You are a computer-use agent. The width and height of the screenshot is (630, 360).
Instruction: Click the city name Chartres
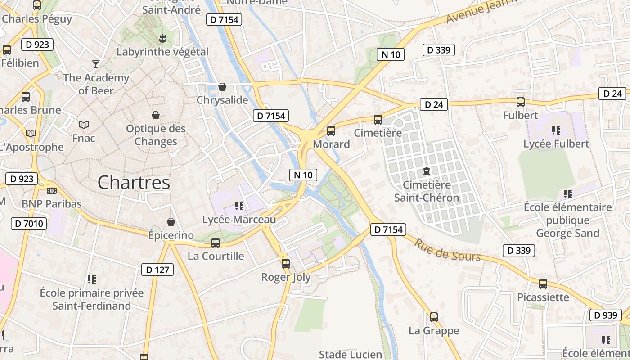point(134,182)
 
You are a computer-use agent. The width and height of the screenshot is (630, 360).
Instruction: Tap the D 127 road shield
point(157,270)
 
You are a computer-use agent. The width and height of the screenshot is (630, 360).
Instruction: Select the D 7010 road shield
point(29,223)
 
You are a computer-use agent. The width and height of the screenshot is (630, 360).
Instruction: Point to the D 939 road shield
point(606,315)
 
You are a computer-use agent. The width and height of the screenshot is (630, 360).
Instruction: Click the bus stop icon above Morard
point(331,131)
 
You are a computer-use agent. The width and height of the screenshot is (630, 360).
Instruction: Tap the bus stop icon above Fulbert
point(521,102)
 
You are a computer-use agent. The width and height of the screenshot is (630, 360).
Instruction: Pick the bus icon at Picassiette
point(543,284)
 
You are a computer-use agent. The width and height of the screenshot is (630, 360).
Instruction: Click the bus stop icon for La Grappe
point(433,317)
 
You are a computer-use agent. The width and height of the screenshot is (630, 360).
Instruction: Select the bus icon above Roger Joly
point(286,264)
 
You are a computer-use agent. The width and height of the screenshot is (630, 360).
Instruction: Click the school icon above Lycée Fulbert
point(556,130)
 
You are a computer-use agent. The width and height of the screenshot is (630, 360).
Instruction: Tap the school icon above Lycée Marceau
point(239,206)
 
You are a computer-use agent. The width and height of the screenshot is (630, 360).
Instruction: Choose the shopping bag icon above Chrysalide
point(222,87)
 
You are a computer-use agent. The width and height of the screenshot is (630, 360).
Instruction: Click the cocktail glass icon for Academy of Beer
point(95,64)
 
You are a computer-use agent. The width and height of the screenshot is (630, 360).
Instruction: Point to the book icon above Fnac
point(84,125)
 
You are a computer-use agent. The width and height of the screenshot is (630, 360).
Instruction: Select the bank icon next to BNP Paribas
point(52,191)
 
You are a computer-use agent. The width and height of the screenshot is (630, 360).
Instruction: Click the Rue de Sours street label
point(447,250)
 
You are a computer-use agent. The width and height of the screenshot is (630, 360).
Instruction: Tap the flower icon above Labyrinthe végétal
point(162,39)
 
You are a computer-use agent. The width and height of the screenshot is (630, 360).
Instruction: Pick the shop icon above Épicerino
point(171,222)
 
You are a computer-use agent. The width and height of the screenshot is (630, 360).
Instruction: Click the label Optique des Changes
point(156,135)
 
